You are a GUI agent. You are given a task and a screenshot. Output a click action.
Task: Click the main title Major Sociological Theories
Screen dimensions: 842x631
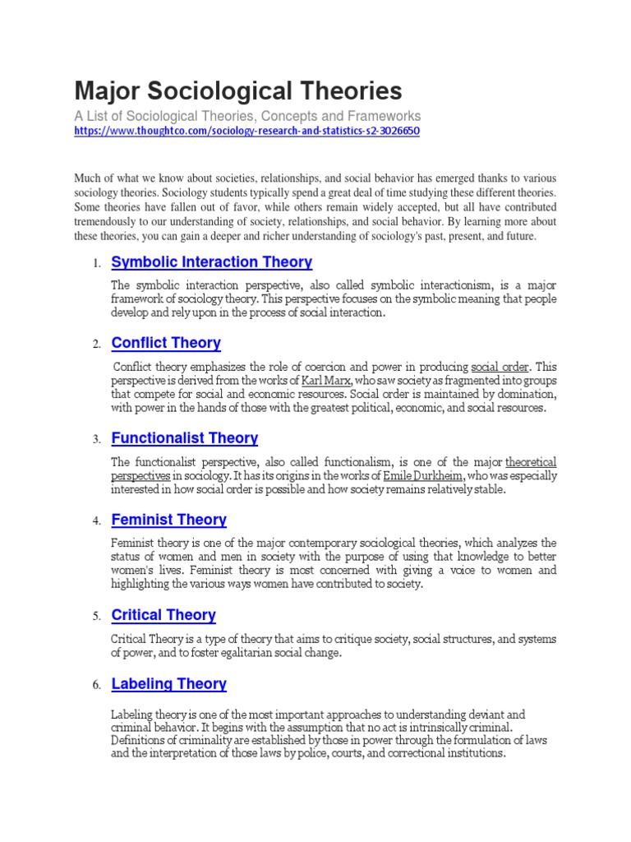click(238, 90)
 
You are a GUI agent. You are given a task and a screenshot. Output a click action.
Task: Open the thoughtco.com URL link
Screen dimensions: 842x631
click(246, 132)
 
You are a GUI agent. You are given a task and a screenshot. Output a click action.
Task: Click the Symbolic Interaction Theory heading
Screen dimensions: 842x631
click(211, 262)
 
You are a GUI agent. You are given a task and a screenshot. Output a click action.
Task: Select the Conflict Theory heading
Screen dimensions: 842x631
click(166, 343)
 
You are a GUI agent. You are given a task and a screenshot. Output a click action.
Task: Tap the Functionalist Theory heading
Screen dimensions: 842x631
click(184, 438)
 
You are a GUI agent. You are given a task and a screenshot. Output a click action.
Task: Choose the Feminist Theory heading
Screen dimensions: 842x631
click(168, 520)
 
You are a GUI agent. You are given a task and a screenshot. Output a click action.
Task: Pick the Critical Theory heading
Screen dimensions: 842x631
click(163, 615)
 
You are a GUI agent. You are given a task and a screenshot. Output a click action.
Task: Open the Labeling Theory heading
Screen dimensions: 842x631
click(168, 684)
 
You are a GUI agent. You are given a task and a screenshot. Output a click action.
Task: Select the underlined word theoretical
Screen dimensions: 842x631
click(531, 462)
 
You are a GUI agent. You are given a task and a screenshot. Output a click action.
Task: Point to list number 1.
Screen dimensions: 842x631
click(96, 264)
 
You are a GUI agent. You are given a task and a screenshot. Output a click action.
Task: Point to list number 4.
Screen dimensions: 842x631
click(96, 521)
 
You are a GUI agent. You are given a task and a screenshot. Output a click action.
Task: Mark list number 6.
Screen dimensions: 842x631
click(96, 686)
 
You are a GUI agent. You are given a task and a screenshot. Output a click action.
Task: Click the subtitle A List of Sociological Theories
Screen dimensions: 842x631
click(246, 116)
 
